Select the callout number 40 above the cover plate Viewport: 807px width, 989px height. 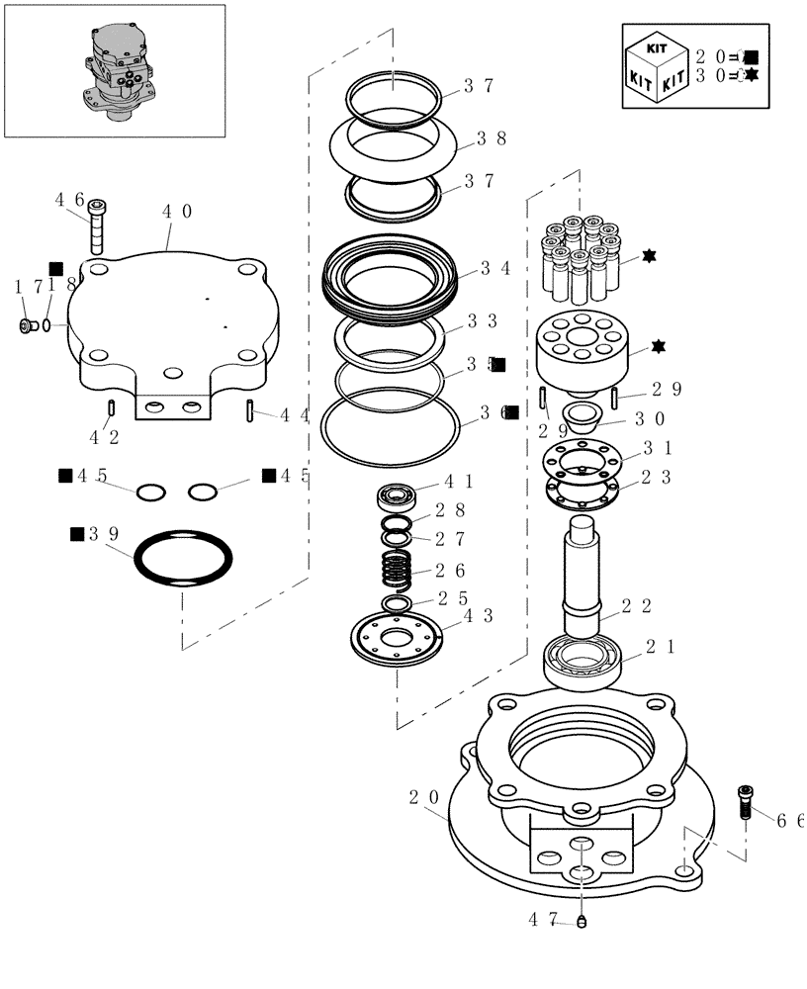pos(177,212)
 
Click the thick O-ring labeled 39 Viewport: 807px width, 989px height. pos(184,560)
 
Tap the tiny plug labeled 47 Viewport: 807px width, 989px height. pos(583,922)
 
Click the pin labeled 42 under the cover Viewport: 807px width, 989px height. pos(113,407)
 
